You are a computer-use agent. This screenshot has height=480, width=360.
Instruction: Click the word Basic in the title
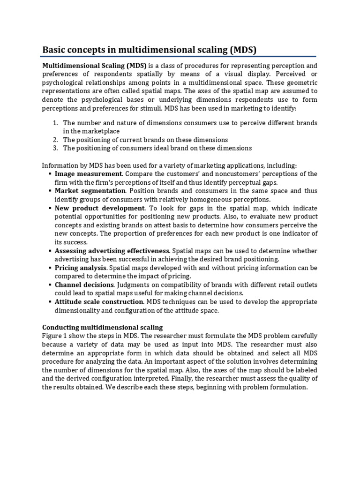55,49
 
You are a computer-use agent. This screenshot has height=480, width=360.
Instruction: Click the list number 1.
55,123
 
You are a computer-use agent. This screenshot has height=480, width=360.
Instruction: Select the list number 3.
55,148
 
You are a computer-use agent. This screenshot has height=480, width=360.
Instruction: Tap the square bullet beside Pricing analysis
50,268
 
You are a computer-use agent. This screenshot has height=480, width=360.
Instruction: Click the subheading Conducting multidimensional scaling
103,327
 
